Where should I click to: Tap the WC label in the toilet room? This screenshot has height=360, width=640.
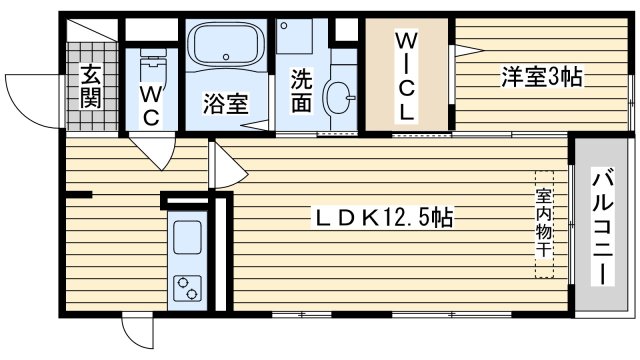click(151, 107)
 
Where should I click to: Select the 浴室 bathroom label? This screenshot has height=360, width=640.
click(226, 103)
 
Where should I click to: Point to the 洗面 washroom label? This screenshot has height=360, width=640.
click(302, 91)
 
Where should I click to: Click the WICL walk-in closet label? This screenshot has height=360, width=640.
click(407, 77)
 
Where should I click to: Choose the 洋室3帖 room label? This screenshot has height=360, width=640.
click(542, 77)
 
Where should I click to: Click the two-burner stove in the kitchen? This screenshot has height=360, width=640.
click(187, 288)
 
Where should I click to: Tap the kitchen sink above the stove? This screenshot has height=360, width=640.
click(187, 237)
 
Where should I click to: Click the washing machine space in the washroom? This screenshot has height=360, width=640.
click(294, 37)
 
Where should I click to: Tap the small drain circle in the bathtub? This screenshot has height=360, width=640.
click(227, 57)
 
